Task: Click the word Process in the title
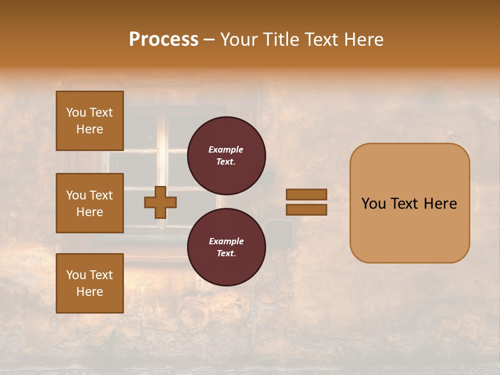[x=164, y=40]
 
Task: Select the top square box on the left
[x=90, y=121]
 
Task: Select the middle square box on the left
[x=90, y=203]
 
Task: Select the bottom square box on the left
[x=90, y=283]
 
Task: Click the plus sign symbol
[x=160, y=202]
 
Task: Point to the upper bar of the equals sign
[x=307, y=194]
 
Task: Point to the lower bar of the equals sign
[x=307, y=209]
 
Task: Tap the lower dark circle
[x=227, y=247]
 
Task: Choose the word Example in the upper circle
[x=226, y=149]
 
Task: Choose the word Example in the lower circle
[x=226, y=241]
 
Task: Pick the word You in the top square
[x=76, y=113]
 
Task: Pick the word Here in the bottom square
[x=90, y=292]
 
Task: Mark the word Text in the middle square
[x=101, y=195]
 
